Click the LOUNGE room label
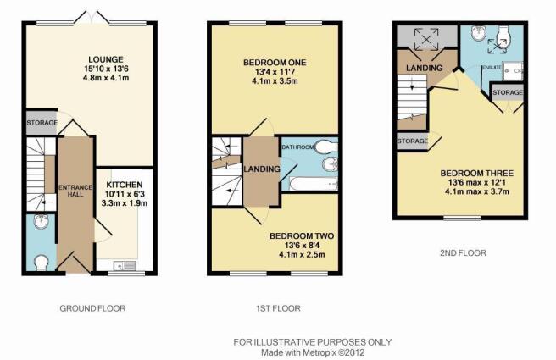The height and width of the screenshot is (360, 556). (106, 59)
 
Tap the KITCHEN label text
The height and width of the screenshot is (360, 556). (125, 185)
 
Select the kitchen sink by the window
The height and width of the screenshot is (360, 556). (125, 265)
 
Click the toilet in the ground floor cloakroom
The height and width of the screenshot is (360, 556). (42, 263)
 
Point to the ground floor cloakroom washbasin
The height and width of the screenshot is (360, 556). (42, 221)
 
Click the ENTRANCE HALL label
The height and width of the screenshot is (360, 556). (75, 191)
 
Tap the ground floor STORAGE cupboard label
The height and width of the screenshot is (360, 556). (42, 123)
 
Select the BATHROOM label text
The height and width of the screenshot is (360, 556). (297, 147)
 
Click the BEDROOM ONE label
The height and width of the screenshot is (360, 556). (275, 63)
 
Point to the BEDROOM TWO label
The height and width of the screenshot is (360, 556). (302, 236)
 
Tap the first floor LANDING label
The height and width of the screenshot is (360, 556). (262, 169)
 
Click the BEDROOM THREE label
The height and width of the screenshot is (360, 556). (476, 174)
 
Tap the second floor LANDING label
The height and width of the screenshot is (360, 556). (425, 68)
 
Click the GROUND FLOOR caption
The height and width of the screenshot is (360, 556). (92, 308)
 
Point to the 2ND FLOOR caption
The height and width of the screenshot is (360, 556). (463, 253)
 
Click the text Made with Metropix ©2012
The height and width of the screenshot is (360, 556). (313, 352)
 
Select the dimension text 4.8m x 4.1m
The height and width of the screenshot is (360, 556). (106, 78)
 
